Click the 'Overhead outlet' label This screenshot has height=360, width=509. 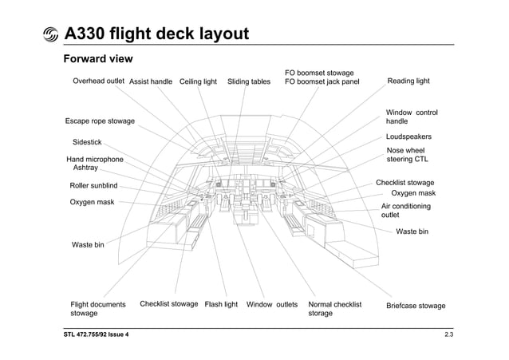(98, 81)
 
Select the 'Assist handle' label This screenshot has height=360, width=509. (151, 81)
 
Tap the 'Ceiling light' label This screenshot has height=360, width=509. (198, 81)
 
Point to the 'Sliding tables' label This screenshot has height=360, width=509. (249, 81)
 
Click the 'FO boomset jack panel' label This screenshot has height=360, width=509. (322, 81)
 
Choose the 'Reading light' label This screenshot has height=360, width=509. (408, 81)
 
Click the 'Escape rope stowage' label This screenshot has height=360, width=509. (100, 121)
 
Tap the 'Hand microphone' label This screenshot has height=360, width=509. (95, 160)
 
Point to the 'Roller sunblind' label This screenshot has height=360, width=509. (94, 186)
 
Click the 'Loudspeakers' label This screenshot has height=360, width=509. (408, 137)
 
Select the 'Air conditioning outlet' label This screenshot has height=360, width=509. (406, 211)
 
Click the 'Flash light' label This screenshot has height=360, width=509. (221, 305)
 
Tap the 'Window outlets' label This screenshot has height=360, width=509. (272, 305)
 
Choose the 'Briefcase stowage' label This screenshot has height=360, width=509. (416, 306)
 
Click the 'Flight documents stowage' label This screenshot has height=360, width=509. (98, 309)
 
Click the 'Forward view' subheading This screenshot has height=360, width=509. (97, 60)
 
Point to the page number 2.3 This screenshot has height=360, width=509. (448, 334)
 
